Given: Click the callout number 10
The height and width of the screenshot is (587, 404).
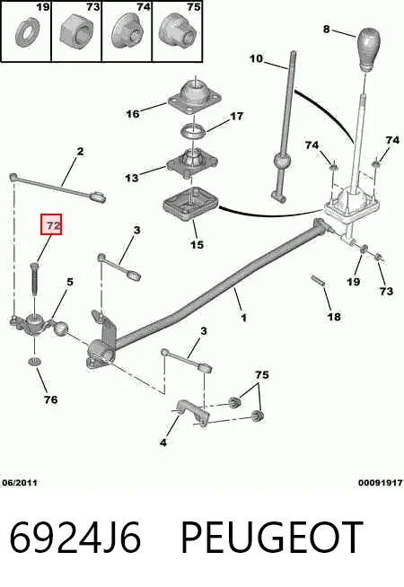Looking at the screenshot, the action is click(256, 58).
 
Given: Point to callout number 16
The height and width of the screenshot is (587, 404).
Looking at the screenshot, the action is click(133, 114).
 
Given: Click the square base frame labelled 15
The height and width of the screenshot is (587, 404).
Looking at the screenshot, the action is click(190, 204).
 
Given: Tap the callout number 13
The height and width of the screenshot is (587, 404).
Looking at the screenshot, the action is click(132, 178).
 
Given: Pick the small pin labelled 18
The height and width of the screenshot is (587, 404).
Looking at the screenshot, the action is click(317, 280).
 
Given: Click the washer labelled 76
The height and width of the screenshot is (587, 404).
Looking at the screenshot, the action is click(35, 361).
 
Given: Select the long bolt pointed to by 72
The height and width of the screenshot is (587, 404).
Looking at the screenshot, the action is click(33, 279).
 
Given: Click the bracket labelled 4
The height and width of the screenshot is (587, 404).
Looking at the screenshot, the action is click(192, 413).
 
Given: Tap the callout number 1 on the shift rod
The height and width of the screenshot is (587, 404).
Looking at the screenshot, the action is click(244, 318).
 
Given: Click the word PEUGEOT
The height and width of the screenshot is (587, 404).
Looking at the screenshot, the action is click(272, 538).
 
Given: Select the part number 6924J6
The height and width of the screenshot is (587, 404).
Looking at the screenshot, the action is click(75, 538).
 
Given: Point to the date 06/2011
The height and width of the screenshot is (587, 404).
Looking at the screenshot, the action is click(20, 483).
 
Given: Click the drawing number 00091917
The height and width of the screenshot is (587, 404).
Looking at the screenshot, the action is click(381, 483).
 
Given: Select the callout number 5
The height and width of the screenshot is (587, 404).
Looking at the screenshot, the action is click(70, 282).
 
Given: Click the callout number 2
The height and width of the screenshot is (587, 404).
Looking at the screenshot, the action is click(80, 152).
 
